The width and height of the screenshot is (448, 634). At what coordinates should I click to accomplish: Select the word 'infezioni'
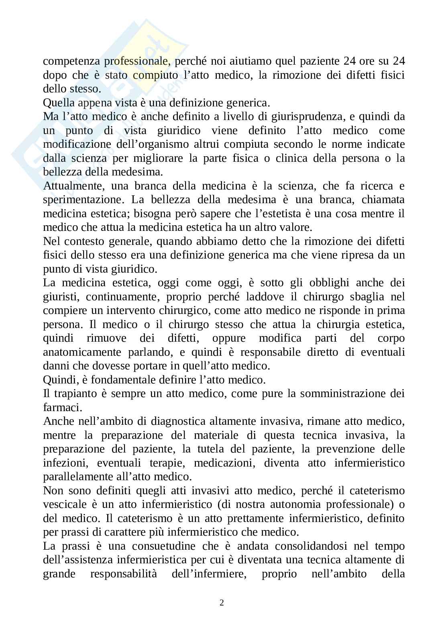pyautogui.click(x=64, y=463)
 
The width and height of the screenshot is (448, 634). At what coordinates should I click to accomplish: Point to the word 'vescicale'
pyautogui.click(x=65, y=504)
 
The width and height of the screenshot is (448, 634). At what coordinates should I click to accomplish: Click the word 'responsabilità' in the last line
pyautogui.click(x=124, y=574)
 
